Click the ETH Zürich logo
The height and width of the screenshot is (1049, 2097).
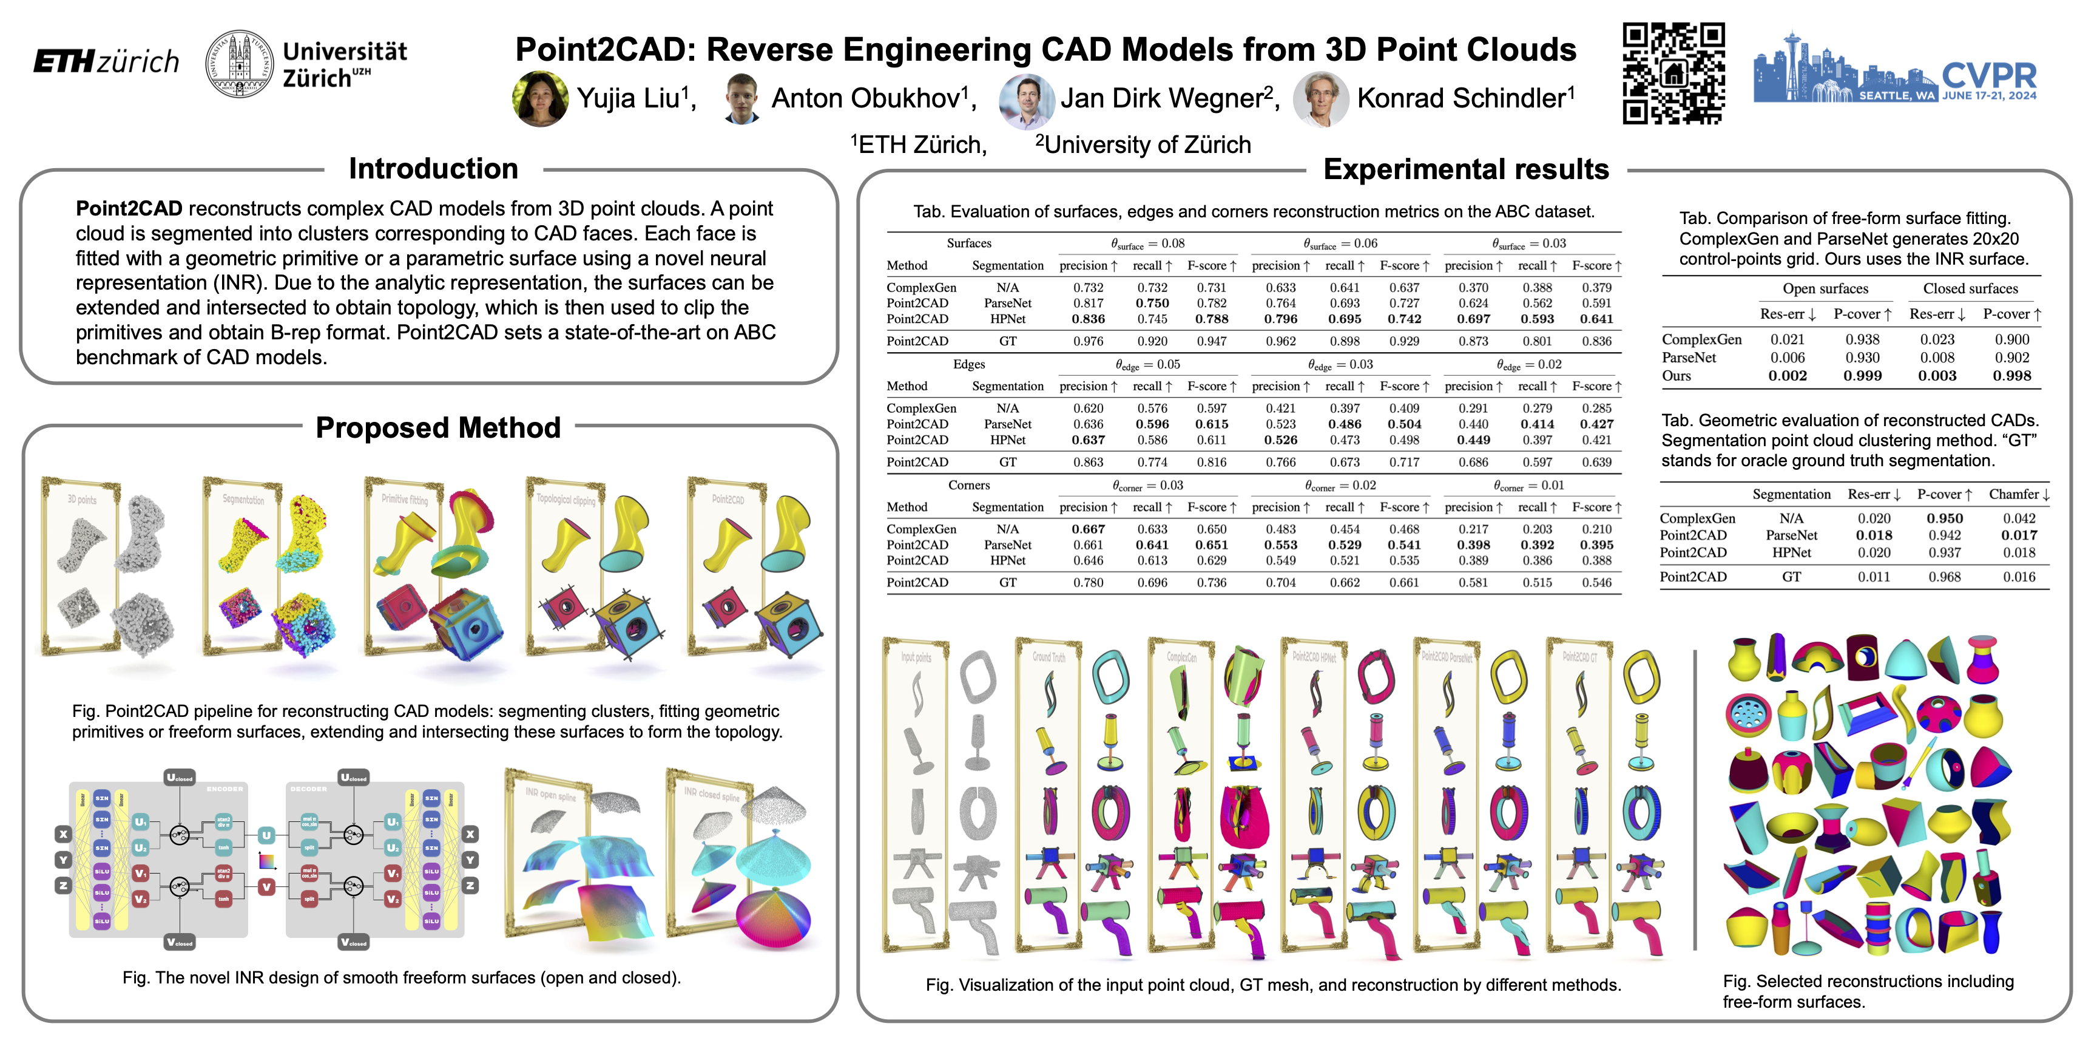point(106,62)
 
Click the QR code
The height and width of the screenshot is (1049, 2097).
point(1673,73)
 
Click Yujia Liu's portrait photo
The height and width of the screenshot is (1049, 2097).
point(539,98)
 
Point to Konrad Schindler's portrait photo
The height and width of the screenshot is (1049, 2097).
point(1320,98)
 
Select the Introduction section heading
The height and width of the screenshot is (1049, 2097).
point(433,169)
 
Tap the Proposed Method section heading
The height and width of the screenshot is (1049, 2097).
point(438,427)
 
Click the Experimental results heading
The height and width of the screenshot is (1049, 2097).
point(1465,169)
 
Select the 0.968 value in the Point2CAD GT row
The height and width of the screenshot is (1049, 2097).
point(1944,577)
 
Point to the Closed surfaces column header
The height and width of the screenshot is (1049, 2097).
point(1970,288)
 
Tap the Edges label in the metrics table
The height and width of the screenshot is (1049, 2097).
point(969,364)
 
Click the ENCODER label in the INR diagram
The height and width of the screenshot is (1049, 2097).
point(225,789)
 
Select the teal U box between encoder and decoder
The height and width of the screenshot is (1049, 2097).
point(266,835)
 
